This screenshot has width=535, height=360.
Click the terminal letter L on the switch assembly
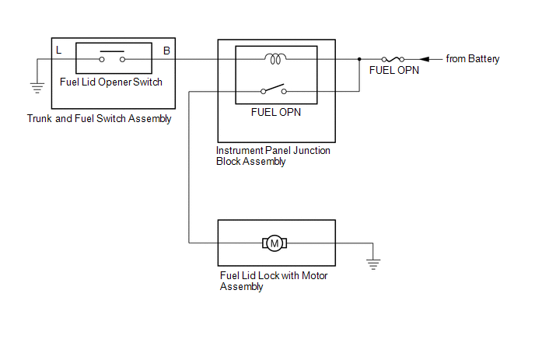59,51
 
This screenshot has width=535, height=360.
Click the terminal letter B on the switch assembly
166,51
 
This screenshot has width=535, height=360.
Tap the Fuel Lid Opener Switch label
111,81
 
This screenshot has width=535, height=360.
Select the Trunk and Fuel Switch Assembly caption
99,119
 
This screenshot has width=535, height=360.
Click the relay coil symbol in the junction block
275,58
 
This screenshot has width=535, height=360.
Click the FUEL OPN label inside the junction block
275,112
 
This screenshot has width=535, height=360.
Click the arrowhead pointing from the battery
425,59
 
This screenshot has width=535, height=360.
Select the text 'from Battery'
473,59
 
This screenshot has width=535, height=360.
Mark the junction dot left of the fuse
358,59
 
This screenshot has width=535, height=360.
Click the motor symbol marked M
274,243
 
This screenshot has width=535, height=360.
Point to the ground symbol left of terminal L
37,88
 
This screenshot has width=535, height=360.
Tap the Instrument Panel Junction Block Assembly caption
272,156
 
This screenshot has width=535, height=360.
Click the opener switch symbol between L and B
112,56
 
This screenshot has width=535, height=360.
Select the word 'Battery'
484,59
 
